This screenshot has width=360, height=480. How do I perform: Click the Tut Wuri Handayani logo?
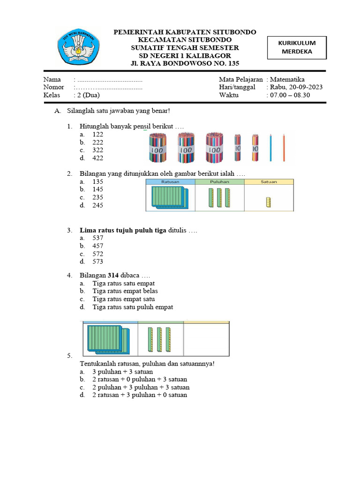pyautogui.click(x=78, y=47)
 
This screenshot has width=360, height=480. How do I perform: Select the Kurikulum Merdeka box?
pyautogui.click(x=297, y=47)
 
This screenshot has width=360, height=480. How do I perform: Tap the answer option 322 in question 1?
pyautogui.click(x=97, y=150)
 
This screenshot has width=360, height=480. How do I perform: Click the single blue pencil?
pyautogui.click(x=270, y=148)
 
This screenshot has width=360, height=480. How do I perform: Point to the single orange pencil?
pyautogui.click(x=284, y=148)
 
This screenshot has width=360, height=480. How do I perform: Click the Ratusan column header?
pyautogui.click(x=170, y=182)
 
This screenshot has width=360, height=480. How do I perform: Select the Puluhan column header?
pyautogui.click(x=219, y=182)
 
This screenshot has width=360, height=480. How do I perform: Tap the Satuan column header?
pyautogui.click(x=269, y=182)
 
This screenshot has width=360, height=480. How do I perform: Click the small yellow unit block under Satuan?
pyautogui.click(x=269, y=202)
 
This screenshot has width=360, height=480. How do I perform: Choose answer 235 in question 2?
pyautogui.click(x=97, y=197)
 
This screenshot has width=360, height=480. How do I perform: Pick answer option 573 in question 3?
pyautogui.click(x=97, y=262)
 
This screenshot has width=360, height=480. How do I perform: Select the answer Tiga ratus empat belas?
pyautogui.click(x=123, y=291)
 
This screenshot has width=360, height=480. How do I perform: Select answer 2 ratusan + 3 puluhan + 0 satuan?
pyautogui.click(x=139, y=395)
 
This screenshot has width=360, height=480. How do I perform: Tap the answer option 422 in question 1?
pyautogui.click(x=97, y=158)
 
